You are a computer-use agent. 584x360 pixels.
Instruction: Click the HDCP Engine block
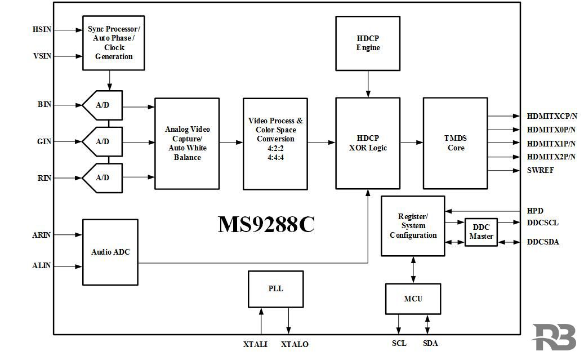tap(368, 43)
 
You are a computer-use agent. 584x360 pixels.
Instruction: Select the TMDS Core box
tap(455, 143)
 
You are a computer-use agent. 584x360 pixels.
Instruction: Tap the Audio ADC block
tap(110, 252)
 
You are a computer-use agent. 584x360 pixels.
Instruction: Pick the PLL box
tap(275, 289)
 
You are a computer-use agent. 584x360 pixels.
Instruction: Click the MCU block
tap(413, 299)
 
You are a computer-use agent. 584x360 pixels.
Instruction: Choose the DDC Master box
tap(481, 232)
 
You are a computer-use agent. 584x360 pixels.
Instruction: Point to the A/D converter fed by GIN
tap(103, 141)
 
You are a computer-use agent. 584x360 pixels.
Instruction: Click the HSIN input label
tap(42, 29)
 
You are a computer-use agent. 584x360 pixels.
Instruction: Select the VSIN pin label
tap(42, 56)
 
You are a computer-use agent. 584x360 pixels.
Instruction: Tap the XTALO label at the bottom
tap(295, 344)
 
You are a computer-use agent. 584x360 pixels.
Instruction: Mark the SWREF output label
tap(540, 170)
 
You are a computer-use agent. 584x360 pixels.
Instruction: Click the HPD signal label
tap(535, 211)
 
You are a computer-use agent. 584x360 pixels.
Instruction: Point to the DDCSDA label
tap(543, 242)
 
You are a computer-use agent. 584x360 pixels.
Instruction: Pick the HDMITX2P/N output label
tap(551, 157)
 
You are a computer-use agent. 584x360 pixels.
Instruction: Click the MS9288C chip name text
tap(266, 224)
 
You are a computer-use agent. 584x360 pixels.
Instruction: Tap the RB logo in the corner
tap(554, 337)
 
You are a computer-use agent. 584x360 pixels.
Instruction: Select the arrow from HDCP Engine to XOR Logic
tap(368, 84)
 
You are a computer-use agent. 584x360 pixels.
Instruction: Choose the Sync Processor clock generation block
tap(114, 43)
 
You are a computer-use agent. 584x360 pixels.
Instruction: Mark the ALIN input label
tap(41, 266)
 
